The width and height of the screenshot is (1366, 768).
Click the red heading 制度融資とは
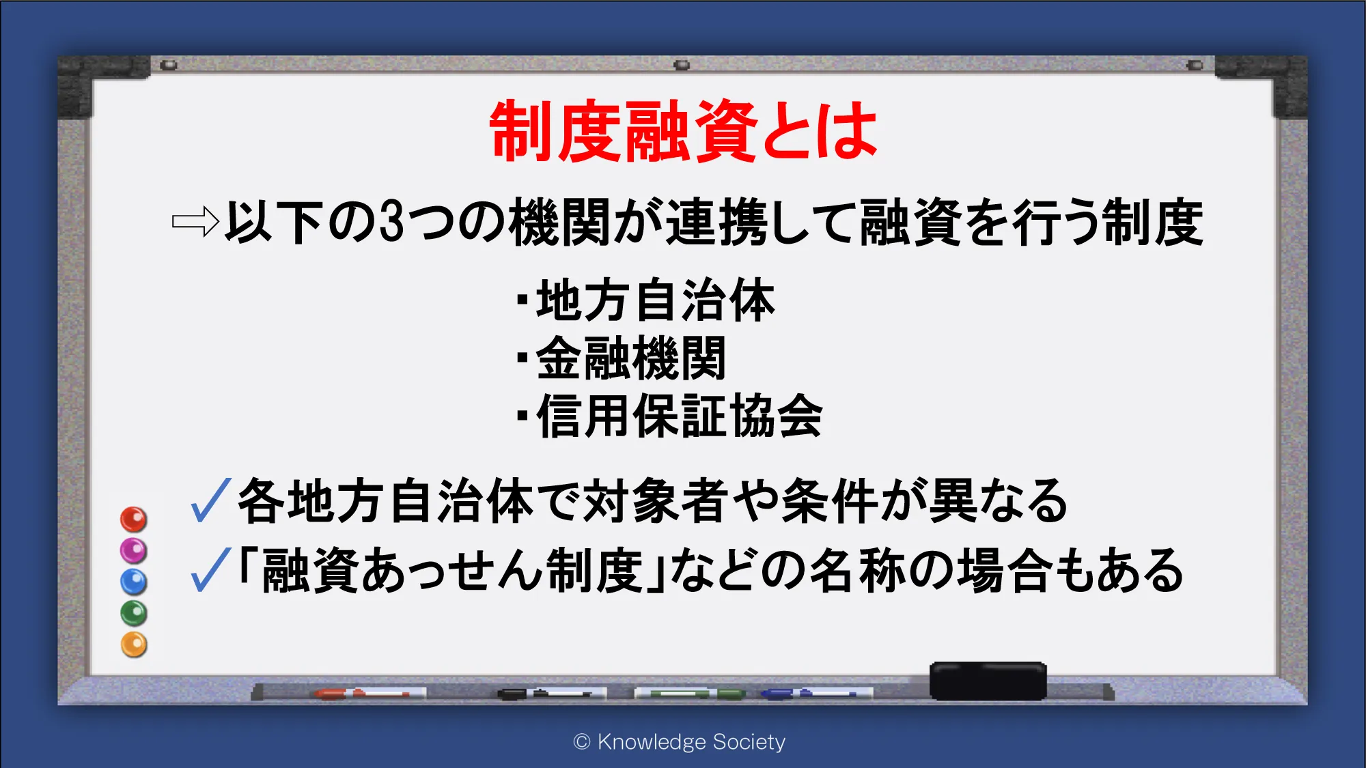pos(683,131)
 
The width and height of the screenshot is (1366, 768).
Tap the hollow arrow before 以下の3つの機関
pos(195,221)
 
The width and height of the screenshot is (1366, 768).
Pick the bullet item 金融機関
pos(622,358)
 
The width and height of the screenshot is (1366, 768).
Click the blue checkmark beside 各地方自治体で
pos(211,500)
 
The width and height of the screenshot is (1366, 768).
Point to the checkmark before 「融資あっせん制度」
pos(211,569)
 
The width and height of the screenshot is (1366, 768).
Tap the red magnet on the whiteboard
pos(134,520)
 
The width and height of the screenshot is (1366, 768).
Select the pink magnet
pos(134,550)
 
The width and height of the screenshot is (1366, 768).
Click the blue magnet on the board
pos(134,582)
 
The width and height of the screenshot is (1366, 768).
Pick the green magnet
pos(134,613)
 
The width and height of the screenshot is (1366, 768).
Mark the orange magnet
pos(134,644)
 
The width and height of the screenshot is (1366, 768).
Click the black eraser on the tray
pos(988,681)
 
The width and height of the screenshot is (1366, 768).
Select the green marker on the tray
pos(690,694)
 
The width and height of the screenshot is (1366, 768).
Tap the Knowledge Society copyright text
pos(680,741)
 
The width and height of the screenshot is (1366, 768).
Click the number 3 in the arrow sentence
pos(391,222)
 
